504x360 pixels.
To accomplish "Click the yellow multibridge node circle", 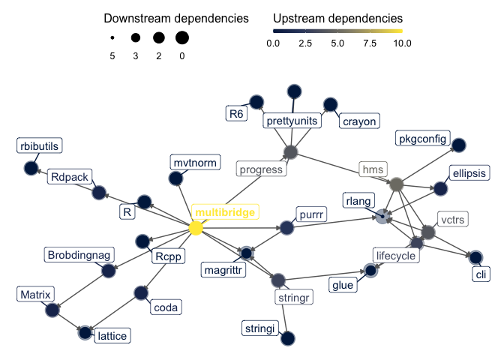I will click(196, 227).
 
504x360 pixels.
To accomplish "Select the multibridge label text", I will click(226, 213).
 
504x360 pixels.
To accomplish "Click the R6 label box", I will click(236, 114).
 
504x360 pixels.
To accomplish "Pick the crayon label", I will click(359, 121).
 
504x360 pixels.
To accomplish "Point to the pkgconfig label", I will click(423, 139).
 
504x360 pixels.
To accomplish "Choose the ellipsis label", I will click(469, 173).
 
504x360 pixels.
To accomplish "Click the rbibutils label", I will click(40, 145).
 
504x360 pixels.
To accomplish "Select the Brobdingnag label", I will click(79, 255).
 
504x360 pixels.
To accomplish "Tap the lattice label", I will click(112, 335).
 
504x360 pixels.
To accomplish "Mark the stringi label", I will click(260, 328).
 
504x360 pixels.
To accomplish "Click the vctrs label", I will click(452, 220).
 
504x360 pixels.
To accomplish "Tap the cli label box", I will click(481, 274).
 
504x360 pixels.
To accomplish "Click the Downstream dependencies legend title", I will click(176, 18).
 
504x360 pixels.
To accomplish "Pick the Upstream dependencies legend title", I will click(337, 18).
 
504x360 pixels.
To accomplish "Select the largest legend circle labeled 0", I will click(182, 37).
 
